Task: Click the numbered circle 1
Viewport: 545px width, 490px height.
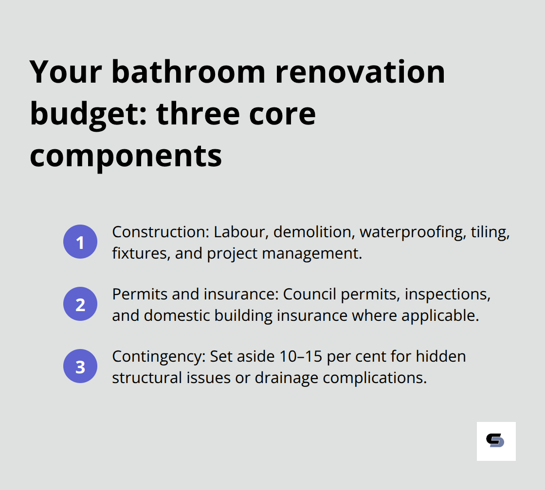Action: (80, 242)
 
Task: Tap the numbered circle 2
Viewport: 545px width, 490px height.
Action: (80, 304)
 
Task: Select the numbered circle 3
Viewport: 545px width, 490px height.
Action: (80, 366)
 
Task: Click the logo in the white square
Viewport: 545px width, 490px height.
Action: (496, 441)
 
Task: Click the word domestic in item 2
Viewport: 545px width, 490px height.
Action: (176, 316)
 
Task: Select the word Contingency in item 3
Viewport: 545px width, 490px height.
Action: (156, 357)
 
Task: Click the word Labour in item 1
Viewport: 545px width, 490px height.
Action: (236, 232)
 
